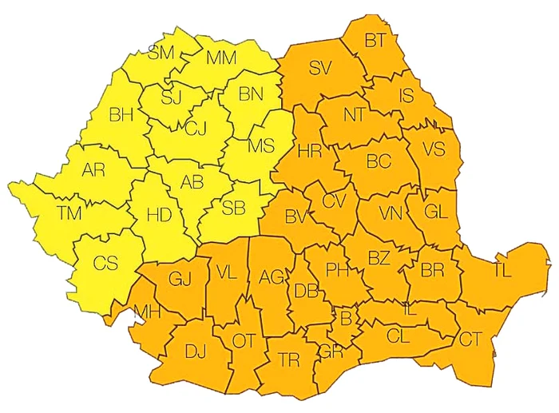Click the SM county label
point(161,54)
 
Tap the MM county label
point(221,58)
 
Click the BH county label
point(121,115)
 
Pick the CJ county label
point(196,127)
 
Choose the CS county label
point(105,263)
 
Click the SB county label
point(233,208)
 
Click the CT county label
point(470,339)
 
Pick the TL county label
point(502,270)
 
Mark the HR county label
point(308,150)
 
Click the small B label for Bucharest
point(346,317)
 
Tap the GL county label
point(436,212)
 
